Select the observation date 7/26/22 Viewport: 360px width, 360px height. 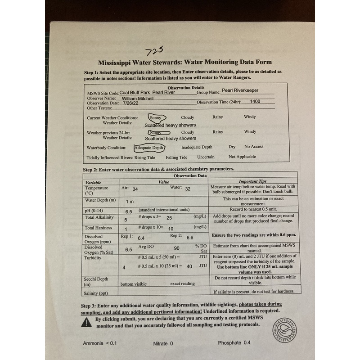135,103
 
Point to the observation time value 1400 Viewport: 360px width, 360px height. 255,102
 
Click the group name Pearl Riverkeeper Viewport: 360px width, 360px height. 247,90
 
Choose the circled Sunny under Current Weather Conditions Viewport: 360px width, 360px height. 158,117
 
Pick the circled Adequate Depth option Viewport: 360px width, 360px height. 149,147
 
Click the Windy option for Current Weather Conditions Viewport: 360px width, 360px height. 250,117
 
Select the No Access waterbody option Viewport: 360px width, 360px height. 254,147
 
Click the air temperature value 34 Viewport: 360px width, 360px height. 135,189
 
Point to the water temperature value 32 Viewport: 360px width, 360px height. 188,189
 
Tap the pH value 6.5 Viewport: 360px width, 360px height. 129,211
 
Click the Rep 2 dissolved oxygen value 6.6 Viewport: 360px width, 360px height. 190,238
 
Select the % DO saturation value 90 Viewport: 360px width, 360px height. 176,248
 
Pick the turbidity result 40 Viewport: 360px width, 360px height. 189,266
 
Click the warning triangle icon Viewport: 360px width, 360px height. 86,322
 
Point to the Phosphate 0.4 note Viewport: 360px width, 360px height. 234,343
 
